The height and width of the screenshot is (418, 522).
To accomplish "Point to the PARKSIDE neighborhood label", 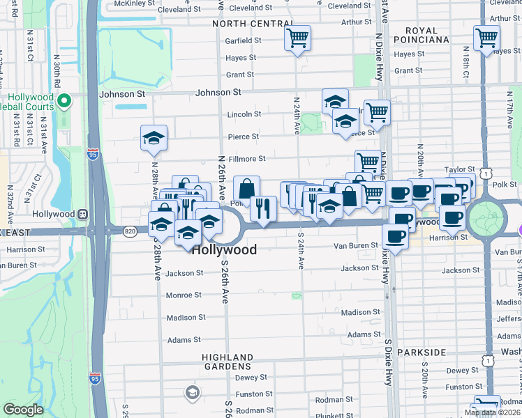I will click(x=421, y=353).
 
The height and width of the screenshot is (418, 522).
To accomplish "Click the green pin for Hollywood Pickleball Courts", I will click(x=64, y=102).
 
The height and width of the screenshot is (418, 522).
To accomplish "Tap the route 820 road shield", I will click(x=130, y=231).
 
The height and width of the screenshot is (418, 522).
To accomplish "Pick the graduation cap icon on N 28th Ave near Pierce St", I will click(x=154, y=138).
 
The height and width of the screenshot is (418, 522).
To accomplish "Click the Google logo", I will click(x=23, y=410).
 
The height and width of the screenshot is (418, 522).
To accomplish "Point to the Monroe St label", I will click(x=184, y=295).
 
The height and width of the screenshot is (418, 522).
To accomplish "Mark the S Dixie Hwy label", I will click(x=388, y=362).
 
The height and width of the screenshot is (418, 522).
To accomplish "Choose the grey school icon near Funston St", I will click(x=191, y=394).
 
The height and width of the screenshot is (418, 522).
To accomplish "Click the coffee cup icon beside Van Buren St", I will click(x=394, y=238).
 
